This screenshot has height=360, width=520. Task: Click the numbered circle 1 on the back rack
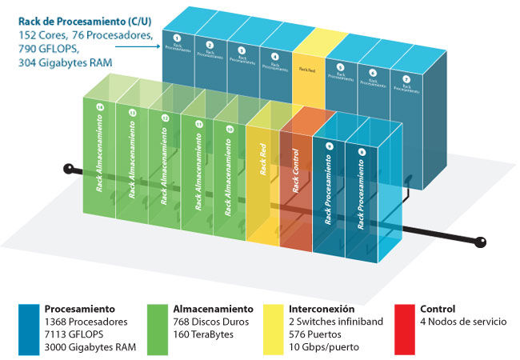(x=178, y=38)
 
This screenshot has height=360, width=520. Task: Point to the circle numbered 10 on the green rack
(x=230, y=130)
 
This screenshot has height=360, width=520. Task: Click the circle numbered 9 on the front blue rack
(x=330, y=146)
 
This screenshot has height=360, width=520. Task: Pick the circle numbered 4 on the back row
(x=275, y=57)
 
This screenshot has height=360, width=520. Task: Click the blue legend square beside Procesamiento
(x=29, y=328)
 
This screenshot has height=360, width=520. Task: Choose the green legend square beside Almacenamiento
(x=158, y=328)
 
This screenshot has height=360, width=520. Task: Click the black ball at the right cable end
(x=482, y=242)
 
